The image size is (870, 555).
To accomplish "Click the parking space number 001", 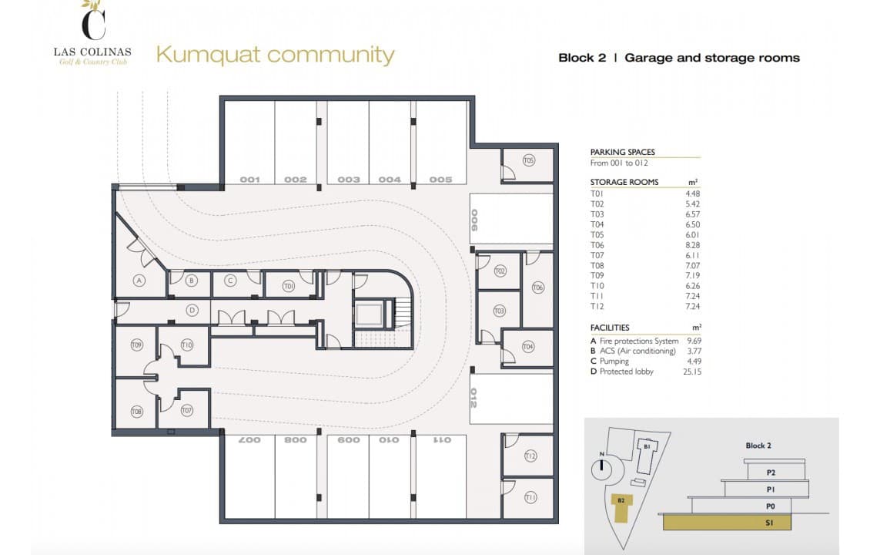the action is [x=249, y=180].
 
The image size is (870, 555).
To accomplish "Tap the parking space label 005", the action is [x=440, y=180].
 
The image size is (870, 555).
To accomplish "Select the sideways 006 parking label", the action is [x=474, y=220].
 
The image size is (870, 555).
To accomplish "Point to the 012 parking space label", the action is [x=473, y=398].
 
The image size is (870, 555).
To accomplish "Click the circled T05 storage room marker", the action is [x=529, y=160].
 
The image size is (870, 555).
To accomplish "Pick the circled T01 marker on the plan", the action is [x=289, y=286].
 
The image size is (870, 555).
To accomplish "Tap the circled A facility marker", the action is [x=139, y=281].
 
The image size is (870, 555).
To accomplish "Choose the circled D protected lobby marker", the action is [x=192, y=310].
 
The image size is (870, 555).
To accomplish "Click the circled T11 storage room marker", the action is [x=530, y=498].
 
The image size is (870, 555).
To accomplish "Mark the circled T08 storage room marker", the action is [x=136, y=412].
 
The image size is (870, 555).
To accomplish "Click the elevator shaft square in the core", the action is [x=368, y=315].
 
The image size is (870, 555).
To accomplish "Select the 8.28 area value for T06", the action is [x=692, y=245].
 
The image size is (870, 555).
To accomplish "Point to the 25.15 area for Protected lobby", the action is [x=692, y=372].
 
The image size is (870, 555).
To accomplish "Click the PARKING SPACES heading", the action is [x=623, y=152].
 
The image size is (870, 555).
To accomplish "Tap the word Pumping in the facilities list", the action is [x=614, y=361].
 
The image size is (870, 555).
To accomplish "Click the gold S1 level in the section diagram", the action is [x=727, y=522].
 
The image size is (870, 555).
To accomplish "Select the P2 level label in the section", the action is [x=771, y=473].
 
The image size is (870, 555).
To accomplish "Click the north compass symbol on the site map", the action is [x=601, y=469].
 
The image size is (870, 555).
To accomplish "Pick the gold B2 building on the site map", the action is [x=621, y=508].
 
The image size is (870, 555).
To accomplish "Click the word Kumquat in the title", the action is [x=209, y=55].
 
